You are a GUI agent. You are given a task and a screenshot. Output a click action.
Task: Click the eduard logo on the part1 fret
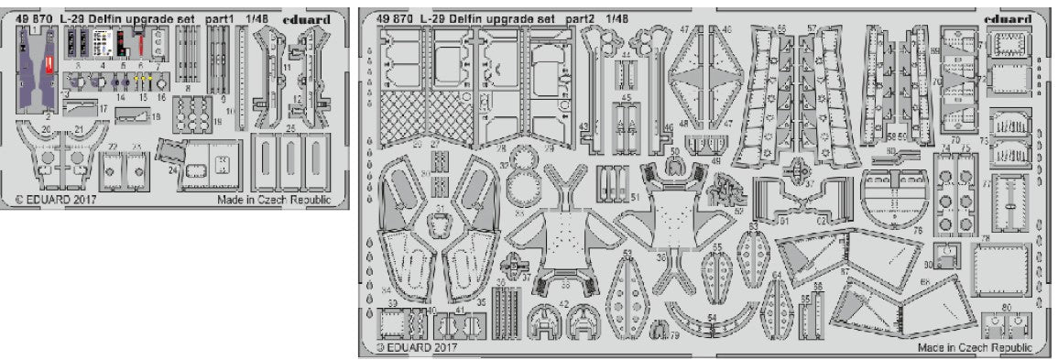(319, 13)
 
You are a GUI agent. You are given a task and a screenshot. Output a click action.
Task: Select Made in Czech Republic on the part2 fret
(975, 348)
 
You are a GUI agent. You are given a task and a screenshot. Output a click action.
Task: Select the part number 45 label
(627, 98)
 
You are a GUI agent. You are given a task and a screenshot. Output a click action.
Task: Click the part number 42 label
(566, 304)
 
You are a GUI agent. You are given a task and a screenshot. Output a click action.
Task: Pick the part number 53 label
(627, 253)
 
